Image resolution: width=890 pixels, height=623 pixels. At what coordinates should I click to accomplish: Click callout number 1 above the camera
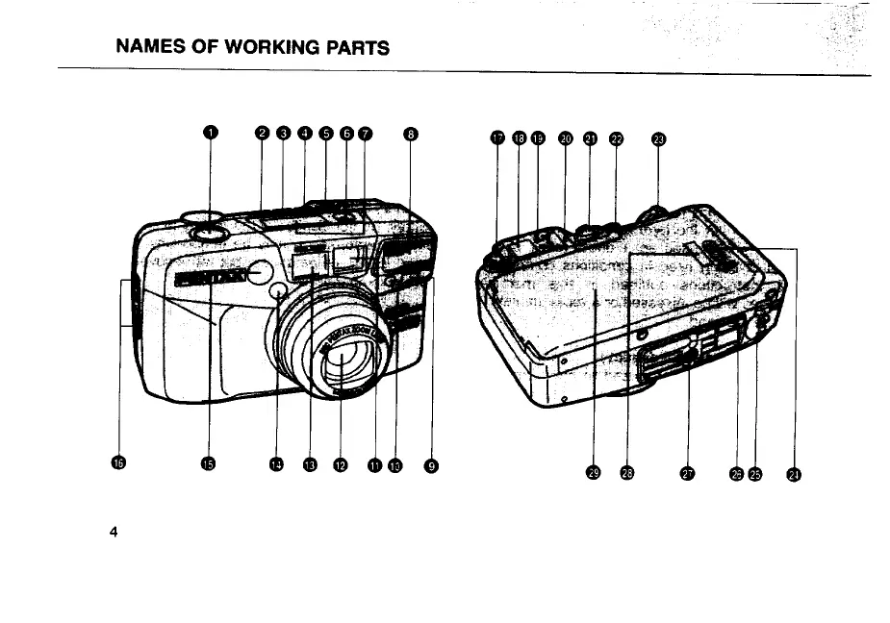pyautogui.click(x=211, y=134)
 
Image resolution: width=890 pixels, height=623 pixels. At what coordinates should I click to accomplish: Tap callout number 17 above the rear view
pyautogui.click(x=497, y=137)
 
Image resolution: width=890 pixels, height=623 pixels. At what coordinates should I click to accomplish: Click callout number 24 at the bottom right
pyautogui.click(x=795, y=472)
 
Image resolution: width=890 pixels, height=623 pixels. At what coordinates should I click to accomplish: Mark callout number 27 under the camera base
pyautogui.click(x=687, y=472)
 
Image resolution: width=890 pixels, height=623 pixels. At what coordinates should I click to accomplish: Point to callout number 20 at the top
pyautogui.click(x=566, y=137)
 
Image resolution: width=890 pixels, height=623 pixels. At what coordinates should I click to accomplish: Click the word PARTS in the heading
pyautogui.click(x=353, y=46)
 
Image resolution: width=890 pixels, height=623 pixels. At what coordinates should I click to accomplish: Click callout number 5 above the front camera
pyautogui.click(x=325, y=135)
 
